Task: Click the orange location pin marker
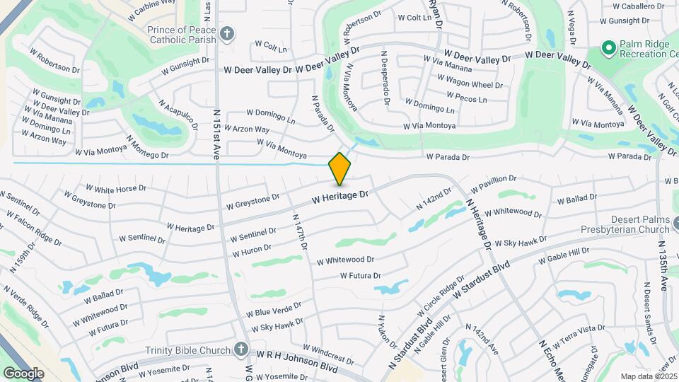tap(339, 168)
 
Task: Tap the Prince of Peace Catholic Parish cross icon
tap(227, 33)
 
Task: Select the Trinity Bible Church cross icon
tap(241, 350)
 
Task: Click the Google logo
tap(23, 373)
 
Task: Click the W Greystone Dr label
tap(253, 202)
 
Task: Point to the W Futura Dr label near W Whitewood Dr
tap(360, 276)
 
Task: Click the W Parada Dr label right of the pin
tap(448, 157)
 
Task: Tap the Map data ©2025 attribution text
tap(647, 376)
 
